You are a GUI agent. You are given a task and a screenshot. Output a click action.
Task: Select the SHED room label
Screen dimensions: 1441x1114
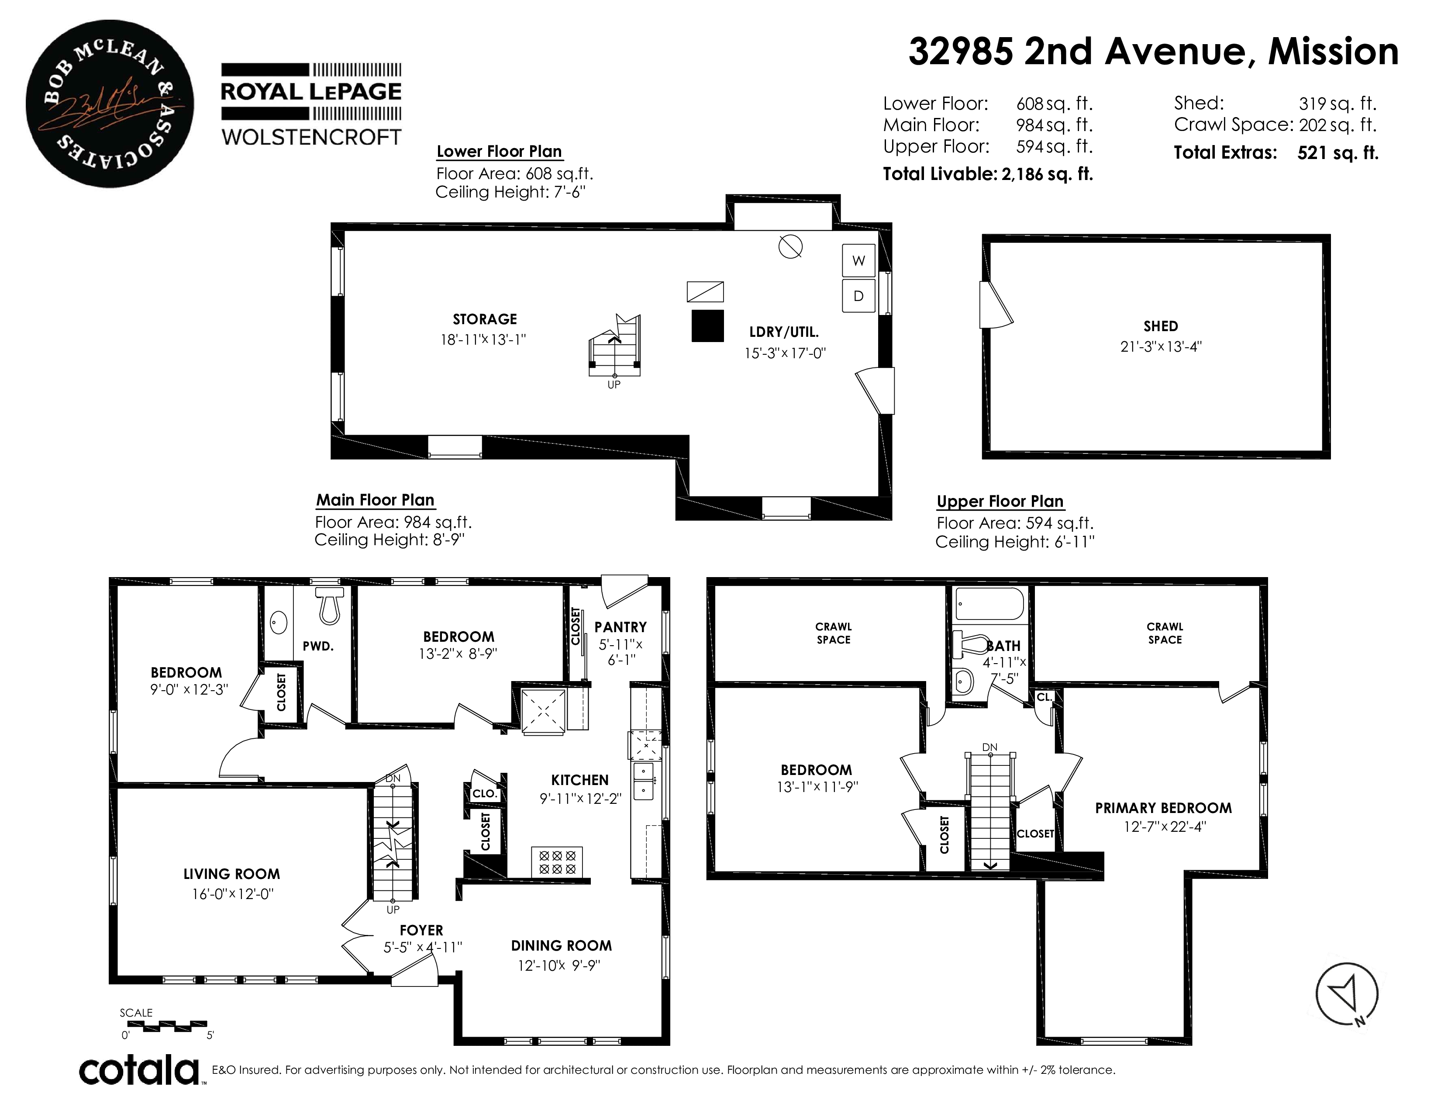pyautogui.click(x=1161, y=326)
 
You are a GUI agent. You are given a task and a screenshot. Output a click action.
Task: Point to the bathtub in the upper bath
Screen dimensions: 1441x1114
pyautogui.click(x=989, y=604)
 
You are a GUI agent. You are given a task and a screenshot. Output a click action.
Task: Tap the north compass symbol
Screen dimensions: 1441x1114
pyautogui.click(x=1347, y=993)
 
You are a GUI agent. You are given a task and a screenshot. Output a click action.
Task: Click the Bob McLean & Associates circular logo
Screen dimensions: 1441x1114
pyautogui.click(x=110, y=104)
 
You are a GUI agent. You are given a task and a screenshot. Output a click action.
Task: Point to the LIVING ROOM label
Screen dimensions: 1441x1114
pyautogui.click(x=231, y=874)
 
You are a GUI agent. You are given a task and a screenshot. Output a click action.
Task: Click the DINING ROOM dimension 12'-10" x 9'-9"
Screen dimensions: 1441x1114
pyautogui.click(x=559, y=965)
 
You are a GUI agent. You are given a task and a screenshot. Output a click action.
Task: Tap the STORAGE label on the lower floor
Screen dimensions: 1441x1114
pyautogui.click(x=485, y=319)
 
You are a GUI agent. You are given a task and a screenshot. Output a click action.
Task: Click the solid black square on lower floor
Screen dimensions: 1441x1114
pyautogui.click(x=707, y=325)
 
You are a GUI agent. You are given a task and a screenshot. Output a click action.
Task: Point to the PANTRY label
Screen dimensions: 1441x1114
pyautogui.click(x=620, y=627)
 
